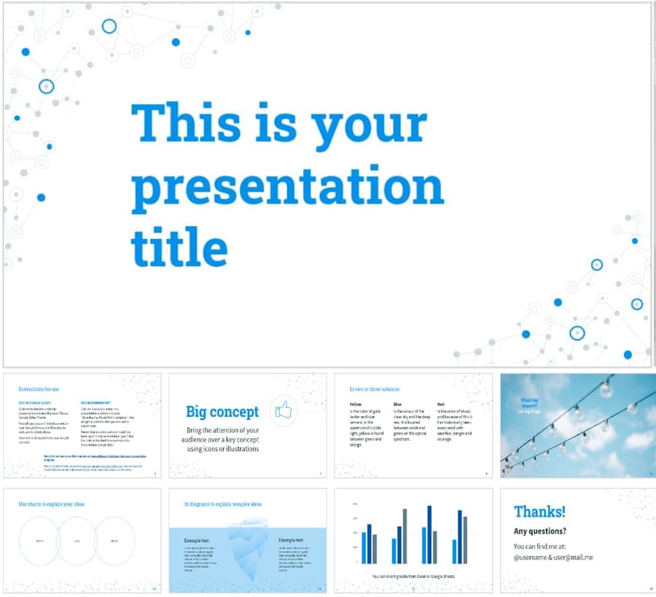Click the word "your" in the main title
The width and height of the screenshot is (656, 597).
point(368,122)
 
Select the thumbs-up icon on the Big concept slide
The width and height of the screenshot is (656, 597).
point(283,412)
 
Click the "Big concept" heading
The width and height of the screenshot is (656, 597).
point(222,412)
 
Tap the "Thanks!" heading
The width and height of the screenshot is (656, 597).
point(539,511)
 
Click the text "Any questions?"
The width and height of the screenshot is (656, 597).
point(539,531)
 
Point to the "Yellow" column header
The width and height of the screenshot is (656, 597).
point(356,404)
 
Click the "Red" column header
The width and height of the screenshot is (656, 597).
point(440,404)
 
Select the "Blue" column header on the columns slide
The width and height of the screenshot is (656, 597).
point(397,404)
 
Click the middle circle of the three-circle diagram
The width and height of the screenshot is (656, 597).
point(77,540)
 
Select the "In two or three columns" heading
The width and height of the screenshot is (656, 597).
point(374,389)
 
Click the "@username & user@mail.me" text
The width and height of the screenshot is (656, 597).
point(552,558)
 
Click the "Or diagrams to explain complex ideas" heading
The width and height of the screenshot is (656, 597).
point(222,504)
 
